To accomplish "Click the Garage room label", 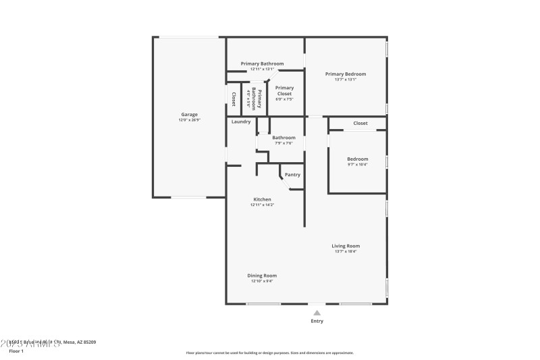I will pos(189,115).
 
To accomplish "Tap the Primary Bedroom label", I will pos(346,74).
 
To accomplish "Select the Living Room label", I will pos(346,246).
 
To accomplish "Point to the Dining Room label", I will pos(262,276).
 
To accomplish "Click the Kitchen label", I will pos(262,199).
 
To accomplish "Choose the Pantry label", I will pos(292,175).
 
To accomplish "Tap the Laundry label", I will pos(241,122).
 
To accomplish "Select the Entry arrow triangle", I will pos(317,313).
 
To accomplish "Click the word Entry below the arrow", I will pos(317,321).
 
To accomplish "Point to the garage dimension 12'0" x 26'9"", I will pos(189,120).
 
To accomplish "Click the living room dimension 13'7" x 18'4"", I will pos(346,251).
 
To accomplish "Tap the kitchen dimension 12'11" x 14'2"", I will pos(262,205).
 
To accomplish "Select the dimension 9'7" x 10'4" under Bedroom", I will pos(358,165).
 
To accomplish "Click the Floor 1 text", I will pos(16,351).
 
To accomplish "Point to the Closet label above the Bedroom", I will pos(360,124).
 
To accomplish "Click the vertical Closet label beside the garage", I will pos(234,99).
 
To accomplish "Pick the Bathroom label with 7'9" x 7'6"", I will pos(283,138).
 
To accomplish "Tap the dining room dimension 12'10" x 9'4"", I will pos(262,281).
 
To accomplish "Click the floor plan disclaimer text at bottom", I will pos(270,353).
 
